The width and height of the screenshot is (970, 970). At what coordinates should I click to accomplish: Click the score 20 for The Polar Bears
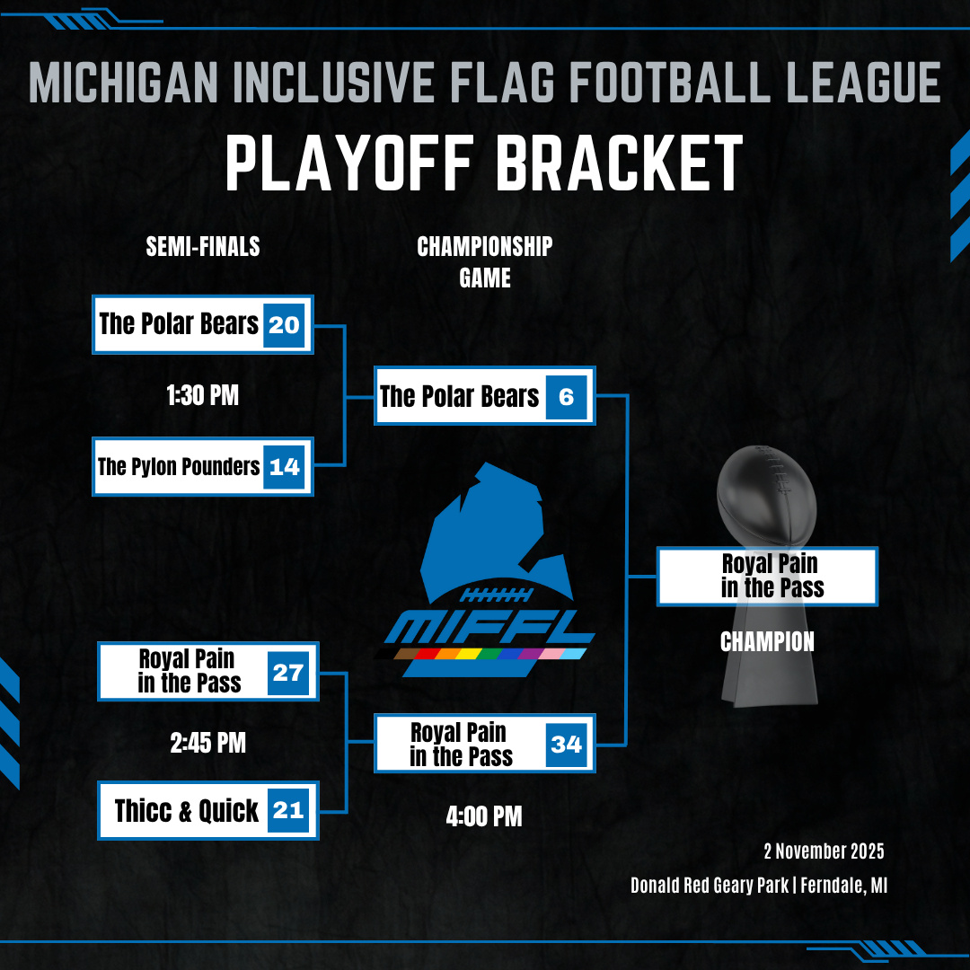[284, 325]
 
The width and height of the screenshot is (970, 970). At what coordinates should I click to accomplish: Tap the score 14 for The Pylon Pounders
[284, 466]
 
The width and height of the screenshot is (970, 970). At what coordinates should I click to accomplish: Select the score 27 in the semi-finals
[288, 673]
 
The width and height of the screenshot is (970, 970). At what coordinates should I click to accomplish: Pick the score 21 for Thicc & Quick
[288, 810]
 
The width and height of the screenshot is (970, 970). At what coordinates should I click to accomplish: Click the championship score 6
[566, 397]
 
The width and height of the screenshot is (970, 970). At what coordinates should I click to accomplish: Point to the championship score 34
[566, 744]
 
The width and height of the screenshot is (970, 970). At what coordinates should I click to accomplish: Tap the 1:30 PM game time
[202, 395]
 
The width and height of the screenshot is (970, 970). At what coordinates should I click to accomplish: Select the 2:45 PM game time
[207, 743]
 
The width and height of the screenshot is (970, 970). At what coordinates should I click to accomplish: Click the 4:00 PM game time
[484, 816]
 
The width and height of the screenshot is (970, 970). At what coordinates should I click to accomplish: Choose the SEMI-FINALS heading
[203, 247]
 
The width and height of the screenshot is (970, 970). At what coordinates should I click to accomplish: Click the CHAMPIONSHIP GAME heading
[485, 262]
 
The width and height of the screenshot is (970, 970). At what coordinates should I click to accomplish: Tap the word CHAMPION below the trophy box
[767, 642]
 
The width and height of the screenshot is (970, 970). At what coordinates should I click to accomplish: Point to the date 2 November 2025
[824, 851]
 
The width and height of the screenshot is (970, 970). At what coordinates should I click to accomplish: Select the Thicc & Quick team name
[186, 810]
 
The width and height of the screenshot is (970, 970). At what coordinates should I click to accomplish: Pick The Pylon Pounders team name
[179, 466]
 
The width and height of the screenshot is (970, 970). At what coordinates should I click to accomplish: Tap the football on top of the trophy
[767, 496]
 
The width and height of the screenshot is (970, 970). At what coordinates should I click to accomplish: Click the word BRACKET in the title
[619, 164]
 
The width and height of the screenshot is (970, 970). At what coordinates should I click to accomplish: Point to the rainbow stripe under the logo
[481, 654]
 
